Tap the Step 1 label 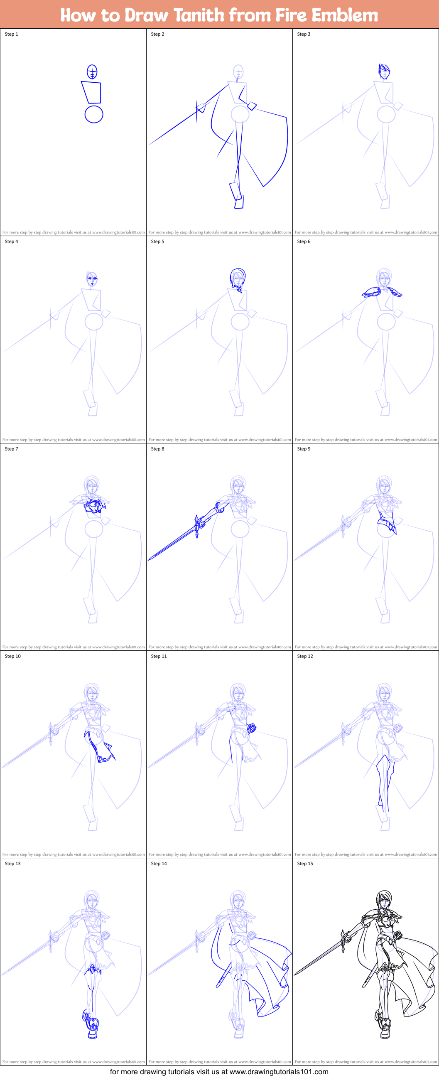point(11,34)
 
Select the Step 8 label point(158,449)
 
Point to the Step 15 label point(305,864)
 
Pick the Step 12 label point(305,656)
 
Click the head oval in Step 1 point(92,71)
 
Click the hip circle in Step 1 point(94,114)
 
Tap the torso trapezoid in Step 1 point(92,93)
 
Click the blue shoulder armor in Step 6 point(372,292)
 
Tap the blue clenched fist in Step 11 point(251,729)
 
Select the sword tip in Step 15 point(295,974)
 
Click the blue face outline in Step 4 point(92,278)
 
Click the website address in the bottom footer point(279,1072)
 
